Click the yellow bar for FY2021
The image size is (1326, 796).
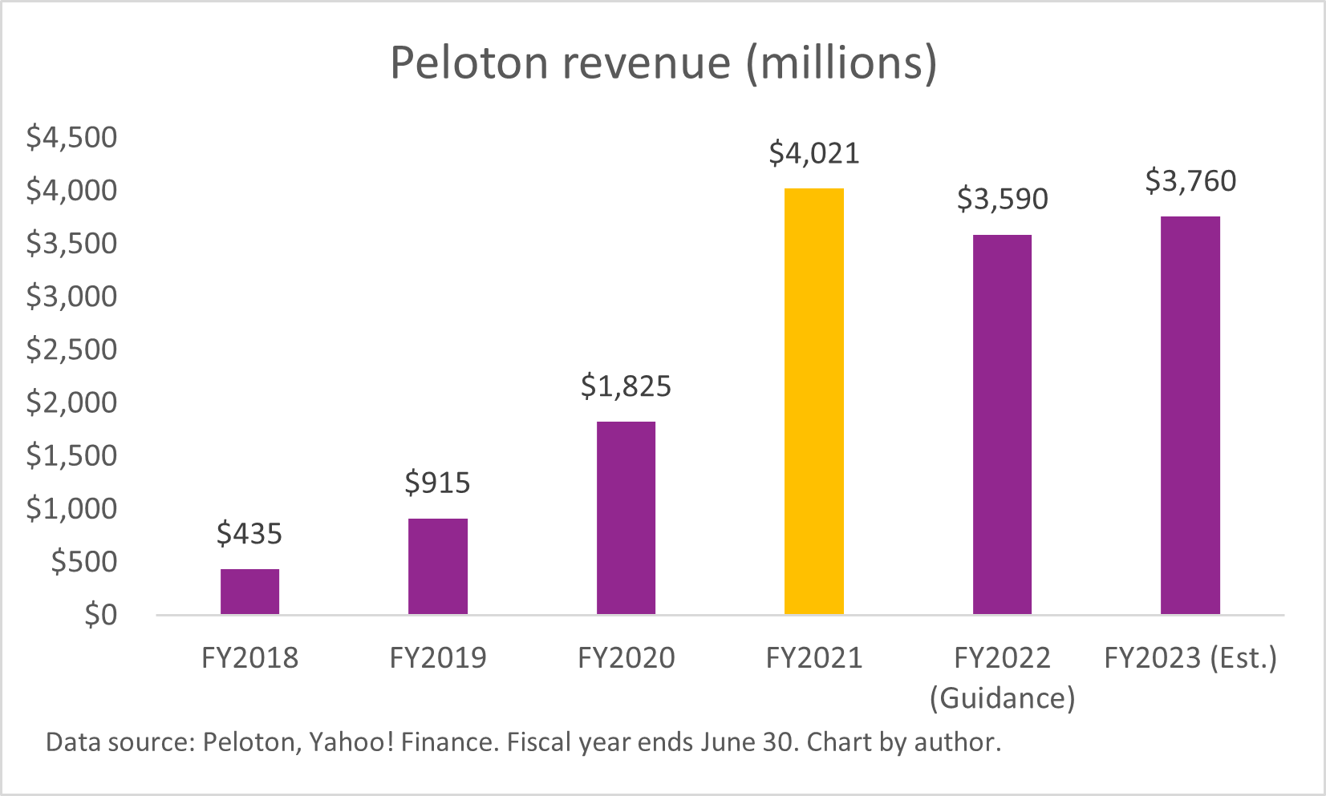(x=813, y=401)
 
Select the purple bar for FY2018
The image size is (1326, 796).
(x=249, y=592)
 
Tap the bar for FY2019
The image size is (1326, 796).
(x=437, y=566)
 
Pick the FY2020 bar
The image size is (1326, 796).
(x=626, y=518)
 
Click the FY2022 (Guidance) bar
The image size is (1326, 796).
(x=1002, y=425)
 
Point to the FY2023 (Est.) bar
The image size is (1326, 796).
(x=1190, y=415)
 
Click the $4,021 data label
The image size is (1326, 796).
(x=813, y=153)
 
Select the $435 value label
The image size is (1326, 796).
(x=249, y=534)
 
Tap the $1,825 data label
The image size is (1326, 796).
(x=626, y=386)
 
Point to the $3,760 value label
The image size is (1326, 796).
(x=1190, y=181)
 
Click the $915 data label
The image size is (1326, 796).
(x=437, y=483)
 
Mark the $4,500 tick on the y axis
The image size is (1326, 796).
(x=71, y=137)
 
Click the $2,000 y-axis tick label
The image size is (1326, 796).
(x=71, y=402)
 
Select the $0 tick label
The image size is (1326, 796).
(x=100, y=615)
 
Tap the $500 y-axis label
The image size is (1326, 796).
(x=83, y=562)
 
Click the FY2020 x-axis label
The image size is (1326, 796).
(x=626, y=658)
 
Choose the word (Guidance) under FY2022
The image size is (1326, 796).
(x=1002, y=698)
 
